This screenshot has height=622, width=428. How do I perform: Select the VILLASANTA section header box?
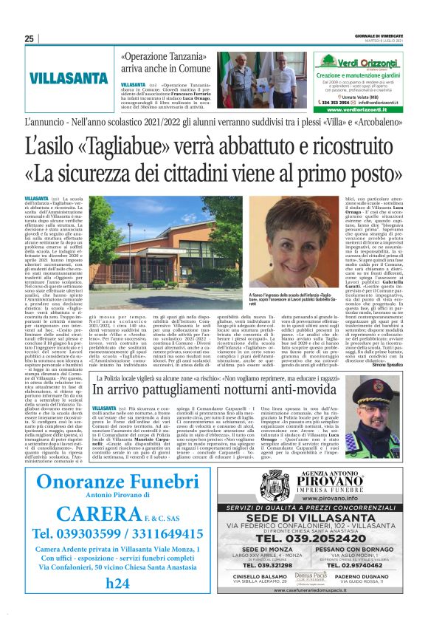coord(63,76)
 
